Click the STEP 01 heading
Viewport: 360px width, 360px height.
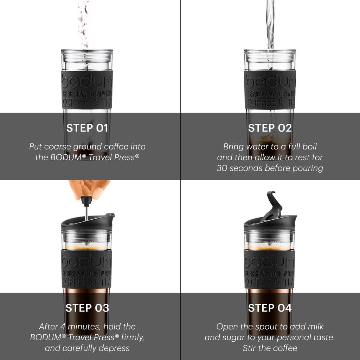pos(87,128)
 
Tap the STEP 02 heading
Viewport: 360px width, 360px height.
pos(270,128)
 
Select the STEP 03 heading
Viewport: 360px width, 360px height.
pos(87,308)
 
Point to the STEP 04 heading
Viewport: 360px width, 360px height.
pos(270,308)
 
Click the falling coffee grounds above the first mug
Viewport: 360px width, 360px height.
pos(84,25)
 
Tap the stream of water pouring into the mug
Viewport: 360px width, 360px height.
pos(270,25)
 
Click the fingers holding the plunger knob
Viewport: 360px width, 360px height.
pos(90,188)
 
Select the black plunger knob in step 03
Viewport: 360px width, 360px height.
pos(86,201)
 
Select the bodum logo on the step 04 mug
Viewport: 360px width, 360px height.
pos(269,261)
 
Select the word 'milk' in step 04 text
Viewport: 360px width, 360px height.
pos(315,327)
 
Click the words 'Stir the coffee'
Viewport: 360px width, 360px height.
pos(270,348)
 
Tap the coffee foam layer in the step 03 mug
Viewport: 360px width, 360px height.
pos(86,247)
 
